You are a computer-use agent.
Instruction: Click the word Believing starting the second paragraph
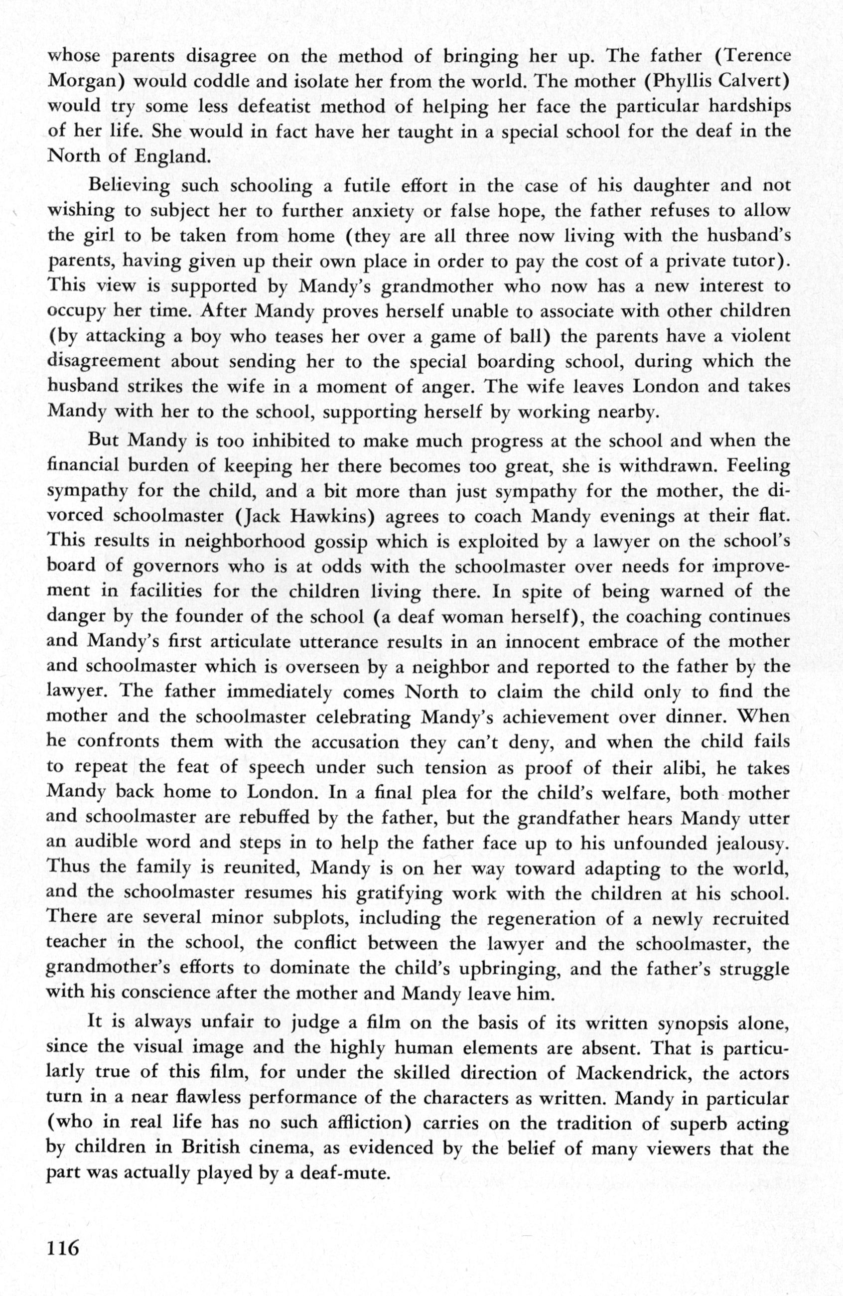coord(129,186)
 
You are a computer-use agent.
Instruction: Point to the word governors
coord(175,567)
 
